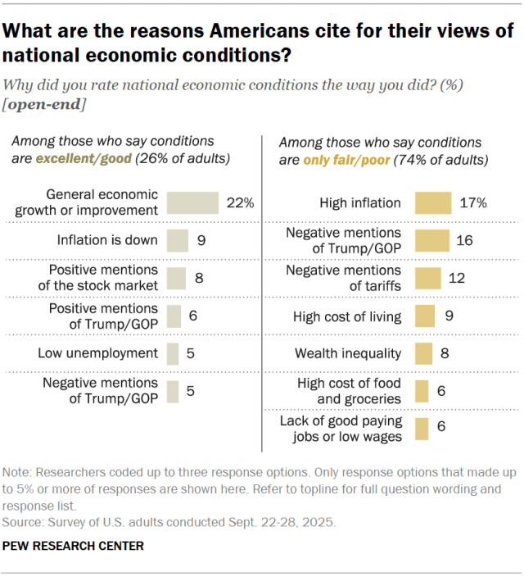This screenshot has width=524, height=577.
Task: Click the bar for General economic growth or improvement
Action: (x=192, y=203)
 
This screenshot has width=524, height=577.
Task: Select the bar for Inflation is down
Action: (x=177, y=241)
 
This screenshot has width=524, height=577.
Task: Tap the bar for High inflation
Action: (x=433, y=203)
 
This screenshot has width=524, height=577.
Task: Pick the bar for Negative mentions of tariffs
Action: (x=427, y=278)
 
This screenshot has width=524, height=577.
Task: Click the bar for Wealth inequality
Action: (x=423, y=353)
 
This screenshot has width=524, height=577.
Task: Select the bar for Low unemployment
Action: (x=172, y=353)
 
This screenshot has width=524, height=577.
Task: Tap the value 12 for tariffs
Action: (x=457, y=278)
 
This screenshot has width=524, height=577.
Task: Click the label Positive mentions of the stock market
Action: (x=104, y=278)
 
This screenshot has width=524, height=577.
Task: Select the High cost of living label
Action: (x=347, y=316)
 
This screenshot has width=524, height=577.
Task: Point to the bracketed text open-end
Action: (x=45, y=106)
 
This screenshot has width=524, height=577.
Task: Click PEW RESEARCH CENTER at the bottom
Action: (x=74, y=545)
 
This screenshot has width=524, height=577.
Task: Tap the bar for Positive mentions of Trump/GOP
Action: (x=174, y=316)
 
